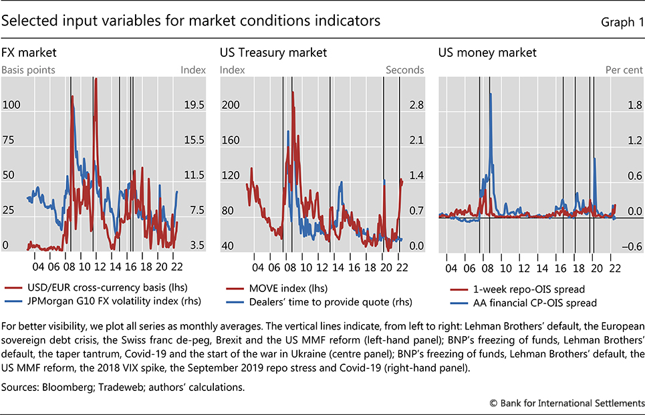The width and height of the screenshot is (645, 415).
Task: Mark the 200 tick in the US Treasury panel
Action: (x=231, y=106)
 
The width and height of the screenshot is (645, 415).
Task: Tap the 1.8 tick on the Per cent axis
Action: (x=630, y=106)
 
